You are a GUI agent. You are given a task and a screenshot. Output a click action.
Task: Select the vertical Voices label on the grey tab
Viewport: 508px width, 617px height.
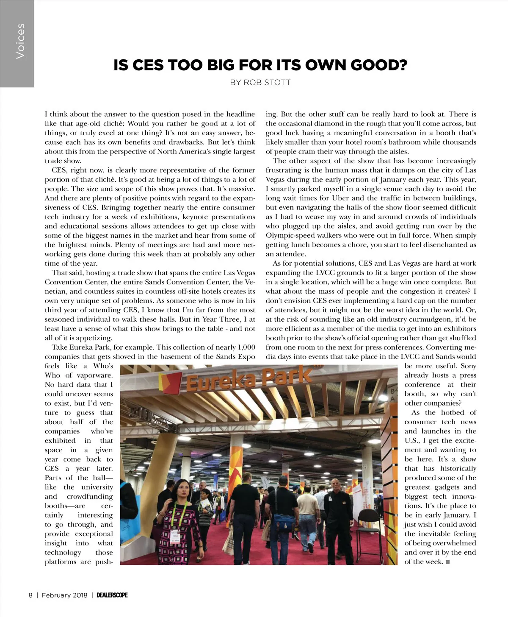click(20, 41)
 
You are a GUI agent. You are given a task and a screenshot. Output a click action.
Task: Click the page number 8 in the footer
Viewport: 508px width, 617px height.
click(30, 595)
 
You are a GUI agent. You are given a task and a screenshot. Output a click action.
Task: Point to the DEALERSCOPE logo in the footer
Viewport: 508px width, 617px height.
click(112, 595)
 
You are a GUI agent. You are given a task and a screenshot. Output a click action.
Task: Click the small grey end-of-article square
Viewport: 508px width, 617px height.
click(448, 562)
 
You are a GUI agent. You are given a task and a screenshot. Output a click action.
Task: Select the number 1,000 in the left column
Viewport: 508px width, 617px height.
click(246, 347)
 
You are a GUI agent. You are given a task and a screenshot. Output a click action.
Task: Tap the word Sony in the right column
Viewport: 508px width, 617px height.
click(468, 366)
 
